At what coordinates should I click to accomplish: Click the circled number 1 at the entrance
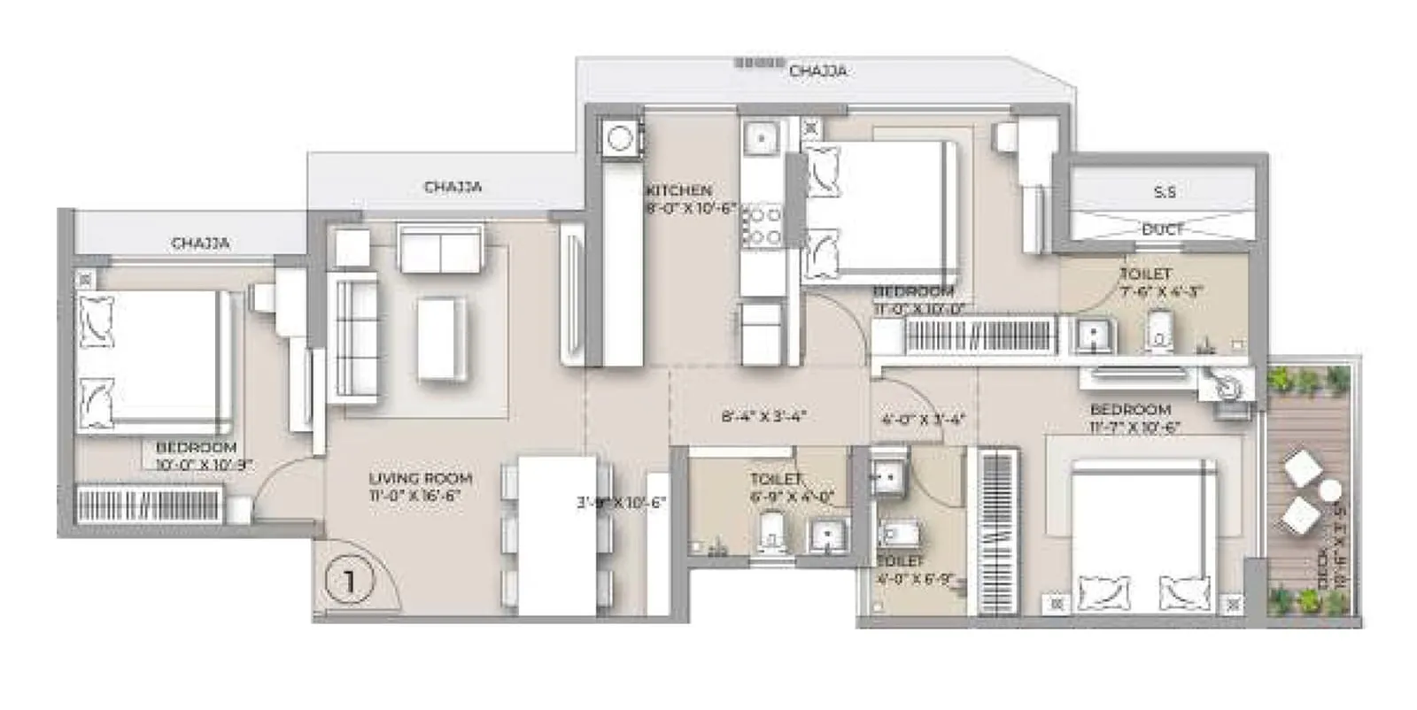pyautogui.click(x=350, y=582)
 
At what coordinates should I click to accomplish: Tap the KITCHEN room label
pyautogui.click(x=678, y=190)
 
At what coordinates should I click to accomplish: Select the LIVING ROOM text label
pyautogui.click(x=420, y=478)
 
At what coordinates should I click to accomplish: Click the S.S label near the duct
pyautogui.click(x=1165, y=192)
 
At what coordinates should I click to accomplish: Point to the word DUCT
pyautogui.click(x=1163, y=229)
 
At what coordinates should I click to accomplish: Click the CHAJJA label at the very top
pyautogui.click(x=817, y=70)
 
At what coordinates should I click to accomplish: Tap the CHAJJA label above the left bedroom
pyautogui.click(x=201, y=243)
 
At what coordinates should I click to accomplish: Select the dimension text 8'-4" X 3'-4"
pyautogui.click(x=763, y=416)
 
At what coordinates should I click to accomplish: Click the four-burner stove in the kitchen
pyautogui.click(x=762, y=226)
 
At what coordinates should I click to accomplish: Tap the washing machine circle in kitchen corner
pyautogui.click(x=620, y=139)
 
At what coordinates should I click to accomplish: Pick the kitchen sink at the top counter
pyautogui.click(x=760, y=138)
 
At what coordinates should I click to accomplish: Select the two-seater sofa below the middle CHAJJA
pyautogui.click(x=441, y=249)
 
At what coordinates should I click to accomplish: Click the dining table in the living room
pyautogui.click(x=556, y=535)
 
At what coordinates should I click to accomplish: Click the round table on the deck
pyautogui.click(x=1328, y=490)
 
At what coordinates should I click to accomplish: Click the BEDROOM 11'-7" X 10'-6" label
pyautogui.click(x=1131, y=417)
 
